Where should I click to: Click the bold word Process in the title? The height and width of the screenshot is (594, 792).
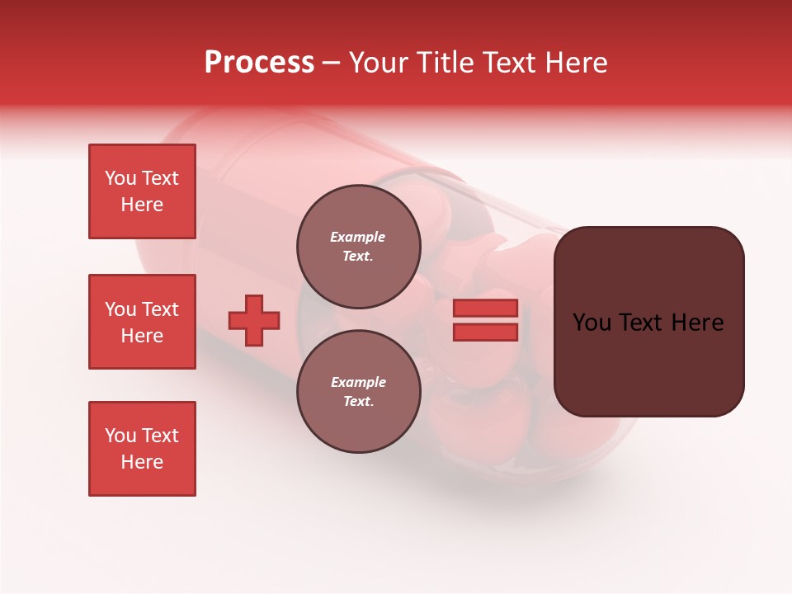coord(259,63)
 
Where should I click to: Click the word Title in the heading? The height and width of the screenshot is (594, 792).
coord(446,63)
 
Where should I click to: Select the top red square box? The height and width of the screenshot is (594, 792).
coord(142,191)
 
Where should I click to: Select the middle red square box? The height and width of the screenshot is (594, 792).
coord(142,322)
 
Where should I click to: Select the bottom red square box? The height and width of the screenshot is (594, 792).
coord(142,449)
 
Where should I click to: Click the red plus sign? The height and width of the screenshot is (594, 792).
coord(254,320)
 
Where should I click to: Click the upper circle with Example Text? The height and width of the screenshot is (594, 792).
coord(358,247)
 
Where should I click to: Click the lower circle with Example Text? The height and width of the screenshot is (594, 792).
coord(358,392)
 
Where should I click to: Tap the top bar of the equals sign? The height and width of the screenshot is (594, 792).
coord(485,308)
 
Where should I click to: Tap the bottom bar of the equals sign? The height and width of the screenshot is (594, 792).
coord(485,332)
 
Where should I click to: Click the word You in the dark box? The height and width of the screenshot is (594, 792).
coord(591,323)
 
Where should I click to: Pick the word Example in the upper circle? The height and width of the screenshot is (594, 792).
coord(358,237)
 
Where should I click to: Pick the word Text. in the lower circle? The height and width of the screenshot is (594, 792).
coord(358,402)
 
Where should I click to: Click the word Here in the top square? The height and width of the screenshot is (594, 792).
coord(142,205)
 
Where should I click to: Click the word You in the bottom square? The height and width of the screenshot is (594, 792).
coord(120,436)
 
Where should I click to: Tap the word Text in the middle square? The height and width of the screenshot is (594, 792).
coord(160,309)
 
